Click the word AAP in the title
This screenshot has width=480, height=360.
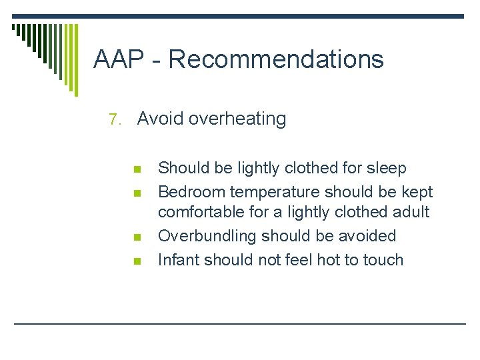coord(119,59)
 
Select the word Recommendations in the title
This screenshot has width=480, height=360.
coord(276,59)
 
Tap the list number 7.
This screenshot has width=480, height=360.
coord(115,120)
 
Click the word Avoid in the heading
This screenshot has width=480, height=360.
coord(160,119)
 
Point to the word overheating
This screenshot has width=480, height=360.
coord(237,119)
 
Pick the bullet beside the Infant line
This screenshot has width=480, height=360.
coord(138,261)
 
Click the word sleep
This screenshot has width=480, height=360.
coord(387,169)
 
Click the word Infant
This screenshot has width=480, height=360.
coord(177,259)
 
